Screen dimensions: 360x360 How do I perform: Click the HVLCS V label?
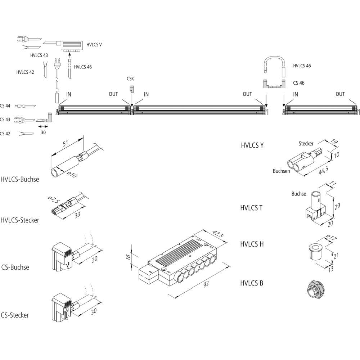point(94,45)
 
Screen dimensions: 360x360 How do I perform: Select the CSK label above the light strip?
point(131,78)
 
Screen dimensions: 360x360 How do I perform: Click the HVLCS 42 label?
point(25,72)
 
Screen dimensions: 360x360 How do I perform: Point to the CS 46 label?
point(299,83)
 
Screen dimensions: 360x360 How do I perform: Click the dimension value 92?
point(206,284)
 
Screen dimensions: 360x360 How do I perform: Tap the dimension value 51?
point(66,144)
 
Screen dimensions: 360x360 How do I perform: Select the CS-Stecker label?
point(15,315)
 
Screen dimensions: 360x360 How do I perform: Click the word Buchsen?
point(281,171)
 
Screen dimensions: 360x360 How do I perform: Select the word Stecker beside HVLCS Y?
point(306,144)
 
